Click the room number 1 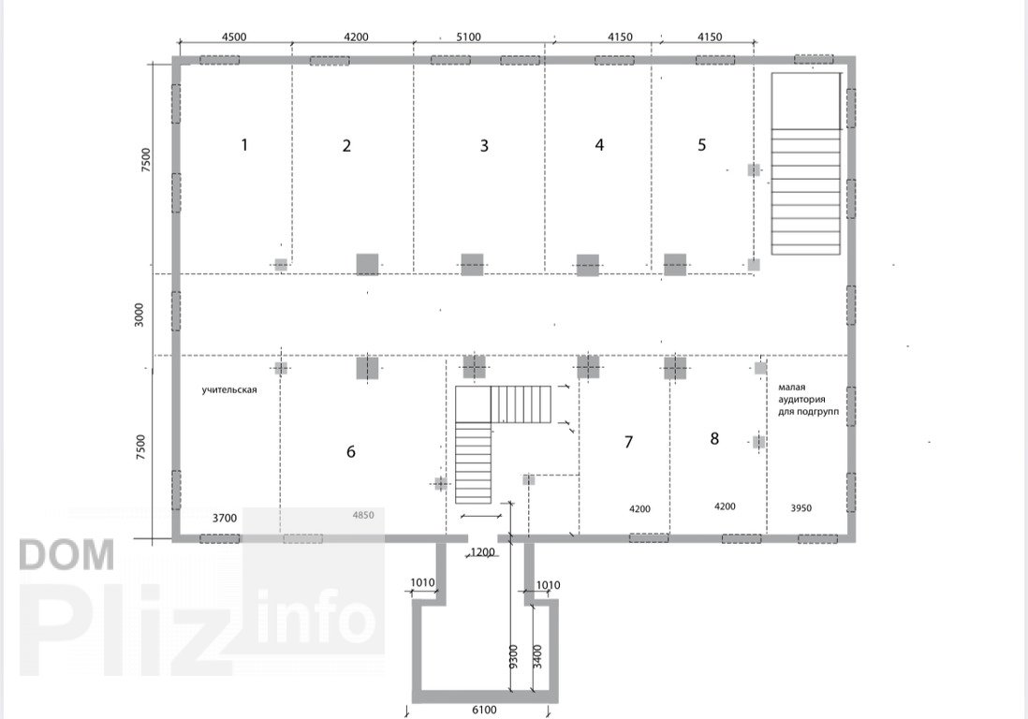click(x=244, y=144)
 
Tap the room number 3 click(x=484, y=145)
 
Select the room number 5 click(x=701, y=145)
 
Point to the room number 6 click(x=351, y=451)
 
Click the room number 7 click(x=628, y=442)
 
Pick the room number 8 click(x=714, y=438)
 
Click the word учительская click(x=229, y=390)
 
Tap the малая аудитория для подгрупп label click(x=808, y=399)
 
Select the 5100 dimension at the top click(x=468, y=37)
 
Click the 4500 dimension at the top click(x=234, y=37)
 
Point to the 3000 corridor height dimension click(x=139, y=315)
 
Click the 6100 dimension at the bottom click(x=484, y=709)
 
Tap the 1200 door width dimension click(x=482, y=552)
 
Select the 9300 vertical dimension click(x=513, y=656)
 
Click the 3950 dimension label click(x=801, y=508)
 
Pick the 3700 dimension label click(x=224, y=518)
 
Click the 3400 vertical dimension click(x=537, y=656)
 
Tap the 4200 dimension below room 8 click(x=725, y=506)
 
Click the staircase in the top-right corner click(x=806, y=164)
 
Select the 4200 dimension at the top click(x=356, y=37)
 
